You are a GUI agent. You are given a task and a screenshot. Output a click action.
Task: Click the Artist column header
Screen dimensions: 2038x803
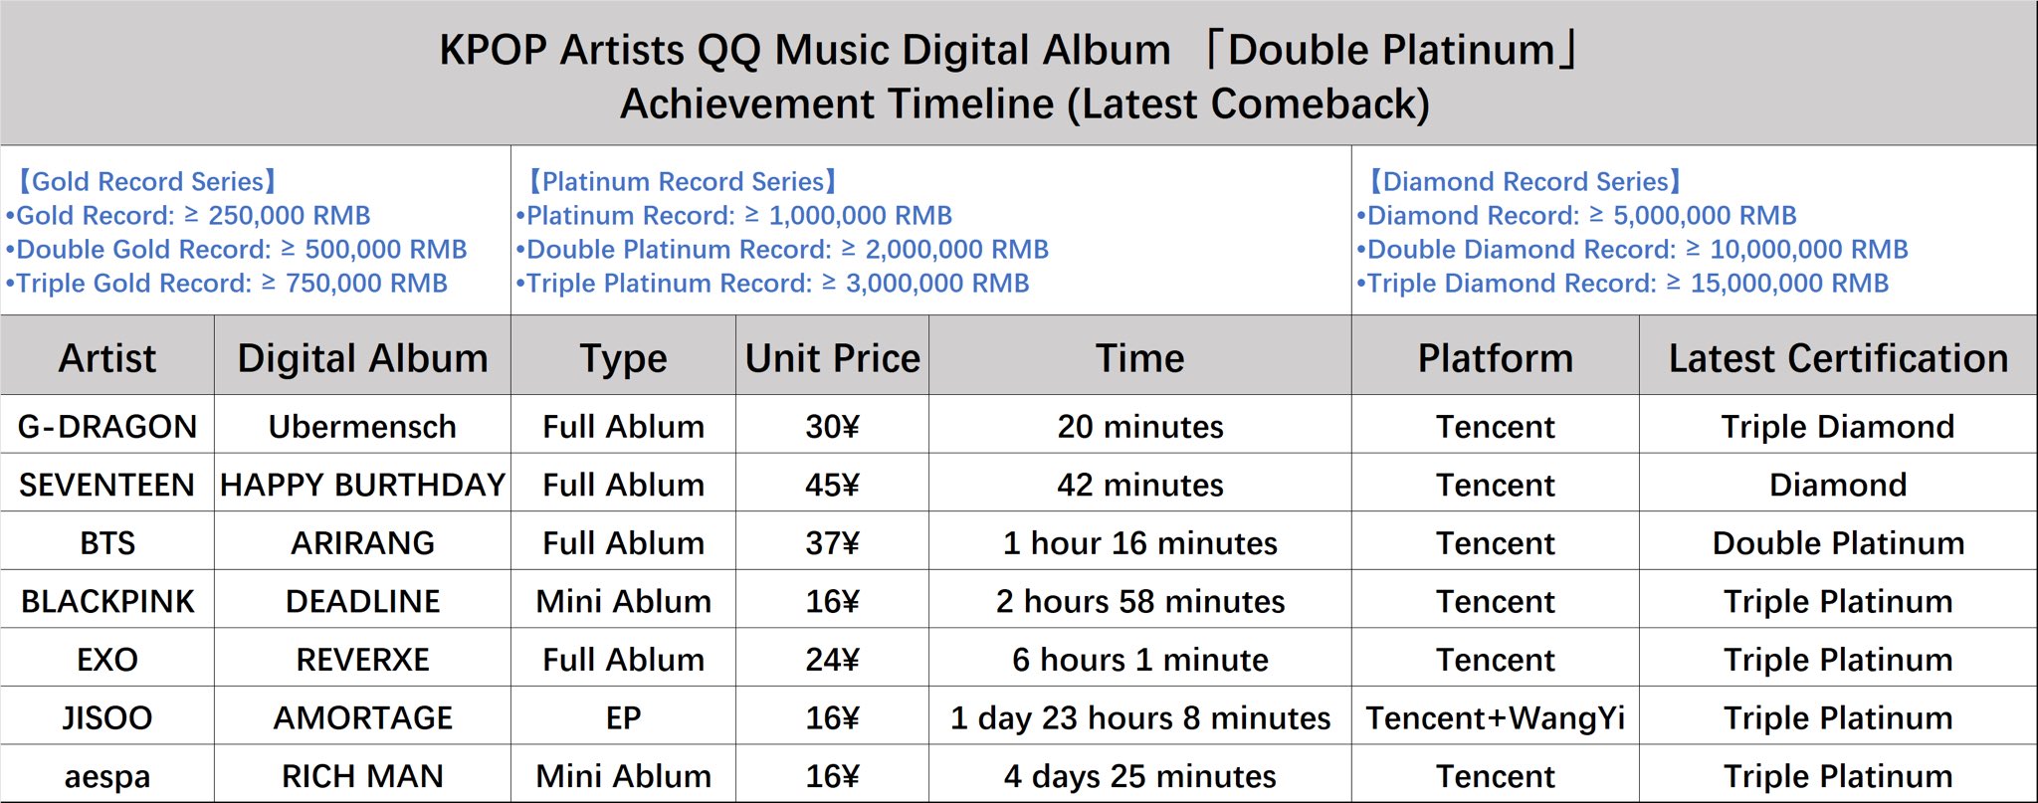pyautogui.click(x=107, y=358)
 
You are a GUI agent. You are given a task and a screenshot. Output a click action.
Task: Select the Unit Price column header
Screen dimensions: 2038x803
pyautogui.click(x=833, y=358)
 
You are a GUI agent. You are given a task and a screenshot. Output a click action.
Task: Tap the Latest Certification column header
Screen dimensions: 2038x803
pyautogui.click(x=1838, y=358)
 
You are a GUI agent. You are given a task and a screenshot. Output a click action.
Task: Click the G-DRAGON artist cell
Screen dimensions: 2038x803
pyautogui.click(x=107, y=427)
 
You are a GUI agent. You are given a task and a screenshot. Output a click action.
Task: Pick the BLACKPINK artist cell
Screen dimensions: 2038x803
pyautogui.click(x=107, y=602)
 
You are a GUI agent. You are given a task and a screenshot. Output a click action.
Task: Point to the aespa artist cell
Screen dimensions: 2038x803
pyautogui.click(x=107, y=777)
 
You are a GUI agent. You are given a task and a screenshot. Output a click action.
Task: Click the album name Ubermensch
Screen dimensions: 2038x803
pyautogui.click(x=362, y=427)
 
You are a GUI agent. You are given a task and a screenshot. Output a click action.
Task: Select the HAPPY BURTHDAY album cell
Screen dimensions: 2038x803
pyautogui.click(x=362, y=485)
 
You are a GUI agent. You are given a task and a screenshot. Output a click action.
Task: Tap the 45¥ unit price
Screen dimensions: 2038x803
pyautogui.click(x=833, y=485)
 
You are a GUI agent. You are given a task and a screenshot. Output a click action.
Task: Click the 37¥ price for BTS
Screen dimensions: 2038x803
pyautogui.click(x=833, y=543)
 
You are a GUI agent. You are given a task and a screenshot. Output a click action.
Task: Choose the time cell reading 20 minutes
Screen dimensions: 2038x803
pyautogui.click(x=1140, y=427)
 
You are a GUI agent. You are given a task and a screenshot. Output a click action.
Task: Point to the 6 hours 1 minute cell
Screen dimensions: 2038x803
pyautogui.click(x=1140, y=660)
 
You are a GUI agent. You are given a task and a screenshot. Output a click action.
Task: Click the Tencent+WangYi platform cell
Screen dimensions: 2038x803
pyautogui.click(x=1495, y=718)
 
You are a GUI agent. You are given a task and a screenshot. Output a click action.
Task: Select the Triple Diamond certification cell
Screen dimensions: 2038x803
pyautogui.click(x=1838, y=427)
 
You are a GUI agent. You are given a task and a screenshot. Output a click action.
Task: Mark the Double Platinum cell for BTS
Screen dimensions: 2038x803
pyautogui.click(x=1838, y=543)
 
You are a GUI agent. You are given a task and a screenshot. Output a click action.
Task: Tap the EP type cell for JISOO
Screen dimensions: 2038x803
pyautogui.click(x=624, y=718)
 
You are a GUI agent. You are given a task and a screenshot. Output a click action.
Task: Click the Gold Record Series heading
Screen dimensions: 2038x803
pyautogui.click(x=146, y=181)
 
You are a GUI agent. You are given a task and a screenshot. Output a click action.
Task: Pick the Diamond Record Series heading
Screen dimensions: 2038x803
pyautogui.click(x=1525, y=181)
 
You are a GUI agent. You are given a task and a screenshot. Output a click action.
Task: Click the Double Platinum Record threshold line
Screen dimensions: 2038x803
pyautogui.click(x=782, y=250)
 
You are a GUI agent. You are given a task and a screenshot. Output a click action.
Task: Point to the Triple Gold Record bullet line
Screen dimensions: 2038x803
pyautogui.click(x=227, y=284)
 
